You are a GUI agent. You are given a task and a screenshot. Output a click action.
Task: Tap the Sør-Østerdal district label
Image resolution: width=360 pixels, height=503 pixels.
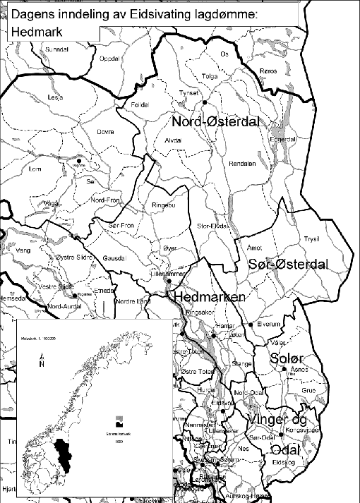[289, 264]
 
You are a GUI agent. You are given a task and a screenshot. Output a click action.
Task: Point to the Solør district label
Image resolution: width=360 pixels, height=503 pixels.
[287, 359]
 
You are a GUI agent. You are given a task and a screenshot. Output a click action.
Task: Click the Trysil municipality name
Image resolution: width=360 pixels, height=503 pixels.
[311, 238]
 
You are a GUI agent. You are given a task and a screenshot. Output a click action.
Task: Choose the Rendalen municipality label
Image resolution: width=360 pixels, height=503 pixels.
[241, 162]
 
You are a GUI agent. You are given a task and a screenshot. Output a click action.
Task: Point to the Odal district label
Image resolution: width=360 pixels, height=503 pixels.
[286, 449]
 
